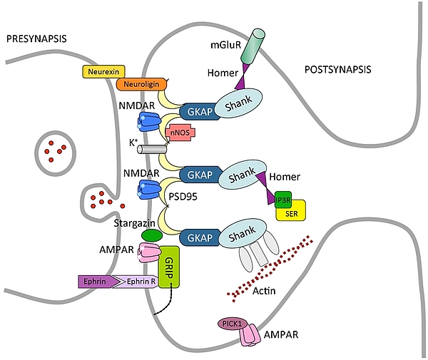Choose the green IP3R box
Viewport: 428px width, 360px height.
coord(282,200)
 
